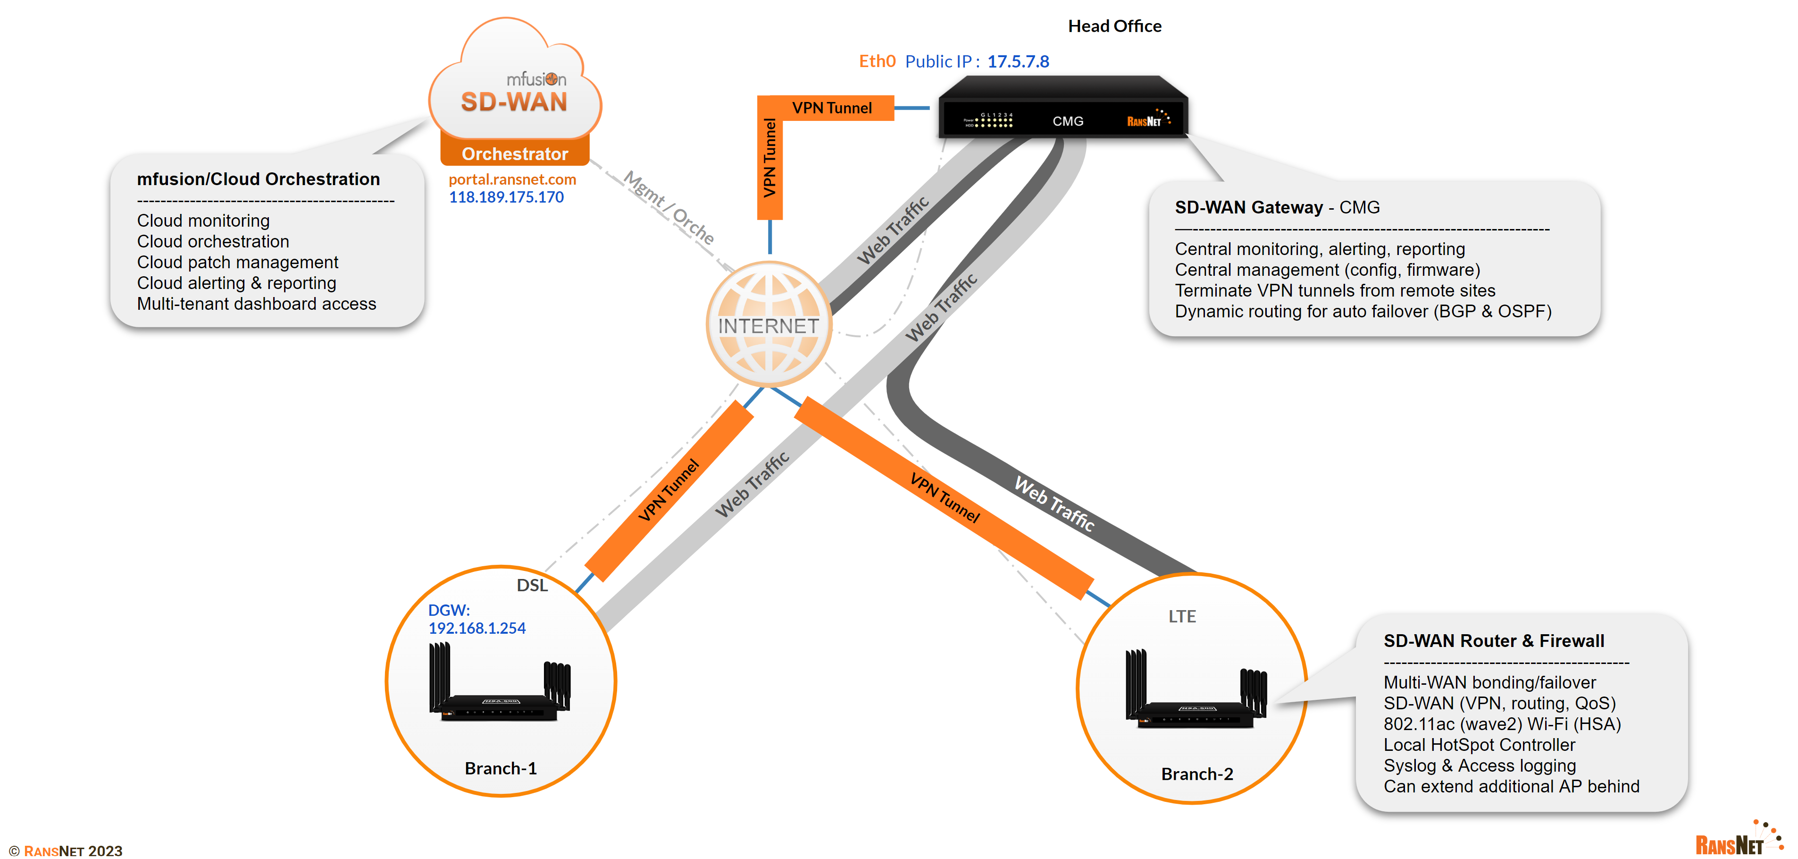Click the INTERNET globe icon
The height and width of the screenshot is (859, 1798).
[x=769, y=324]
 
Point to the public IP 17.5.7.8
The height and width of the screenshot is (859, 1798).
[x=1018, y=61]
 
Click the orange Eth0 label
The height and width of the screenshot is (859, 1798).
[x=877, y=61]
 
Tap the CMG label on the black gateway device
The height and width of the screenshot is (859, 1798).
[x=1067, y=121]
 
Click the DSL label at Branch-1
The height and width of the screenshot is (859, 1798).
[x=532, y=585]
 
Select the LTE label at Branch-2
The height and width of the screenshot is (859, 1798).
[x=1182, y=616]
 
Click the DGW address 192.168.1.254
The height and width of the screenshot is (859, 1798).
[x=477, y=628]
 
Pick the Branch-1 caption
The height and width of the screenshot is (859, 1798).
[x=501, y=768]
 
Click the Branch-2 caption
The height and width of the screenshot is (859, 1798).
[x=1196, y=774]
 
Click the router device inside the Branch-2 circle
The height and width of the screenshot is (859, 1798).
[x=1195, y=691]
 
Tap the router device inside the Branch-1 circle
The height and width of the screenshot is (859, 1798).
[x=499, y=684]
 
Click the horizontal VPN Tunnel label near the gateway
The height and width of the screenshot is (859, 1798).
[x=831, y=108]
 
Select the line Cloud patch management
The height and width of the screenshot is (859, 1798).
[x=237, y=263]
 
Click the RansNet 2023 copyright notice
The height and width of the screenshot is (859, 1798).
[x=67, y=850]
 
